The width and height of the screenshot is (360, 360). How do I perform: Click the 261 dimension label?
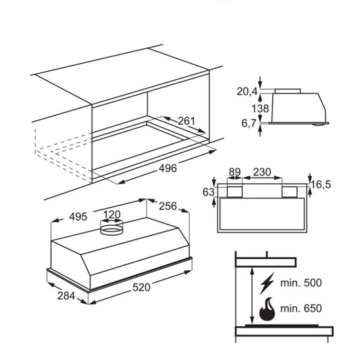pos(186,121)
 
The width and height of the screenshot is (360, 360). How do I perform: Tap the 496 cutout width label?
pos(168,168)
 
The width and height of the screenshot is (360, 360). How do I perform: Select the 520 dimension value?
pos(141,287)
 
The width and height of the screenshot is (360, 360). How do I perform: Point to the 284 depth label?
pos(66,296)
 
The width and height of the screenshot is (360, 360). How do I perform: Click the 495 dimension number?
pos(79,217)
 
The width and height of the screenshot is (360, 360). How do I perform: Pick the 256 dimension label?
pos(168,206)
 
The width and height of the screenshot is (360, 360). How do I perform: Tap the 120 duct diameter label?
pos(112,215)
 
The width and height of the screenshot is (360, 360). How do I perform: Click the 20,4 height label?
pos(247,92)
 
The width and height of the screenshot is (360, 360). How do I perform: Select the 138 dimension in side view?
pos(260,108)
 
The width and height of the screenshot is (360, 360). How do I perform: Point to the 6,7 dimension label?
pos(249,123)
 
